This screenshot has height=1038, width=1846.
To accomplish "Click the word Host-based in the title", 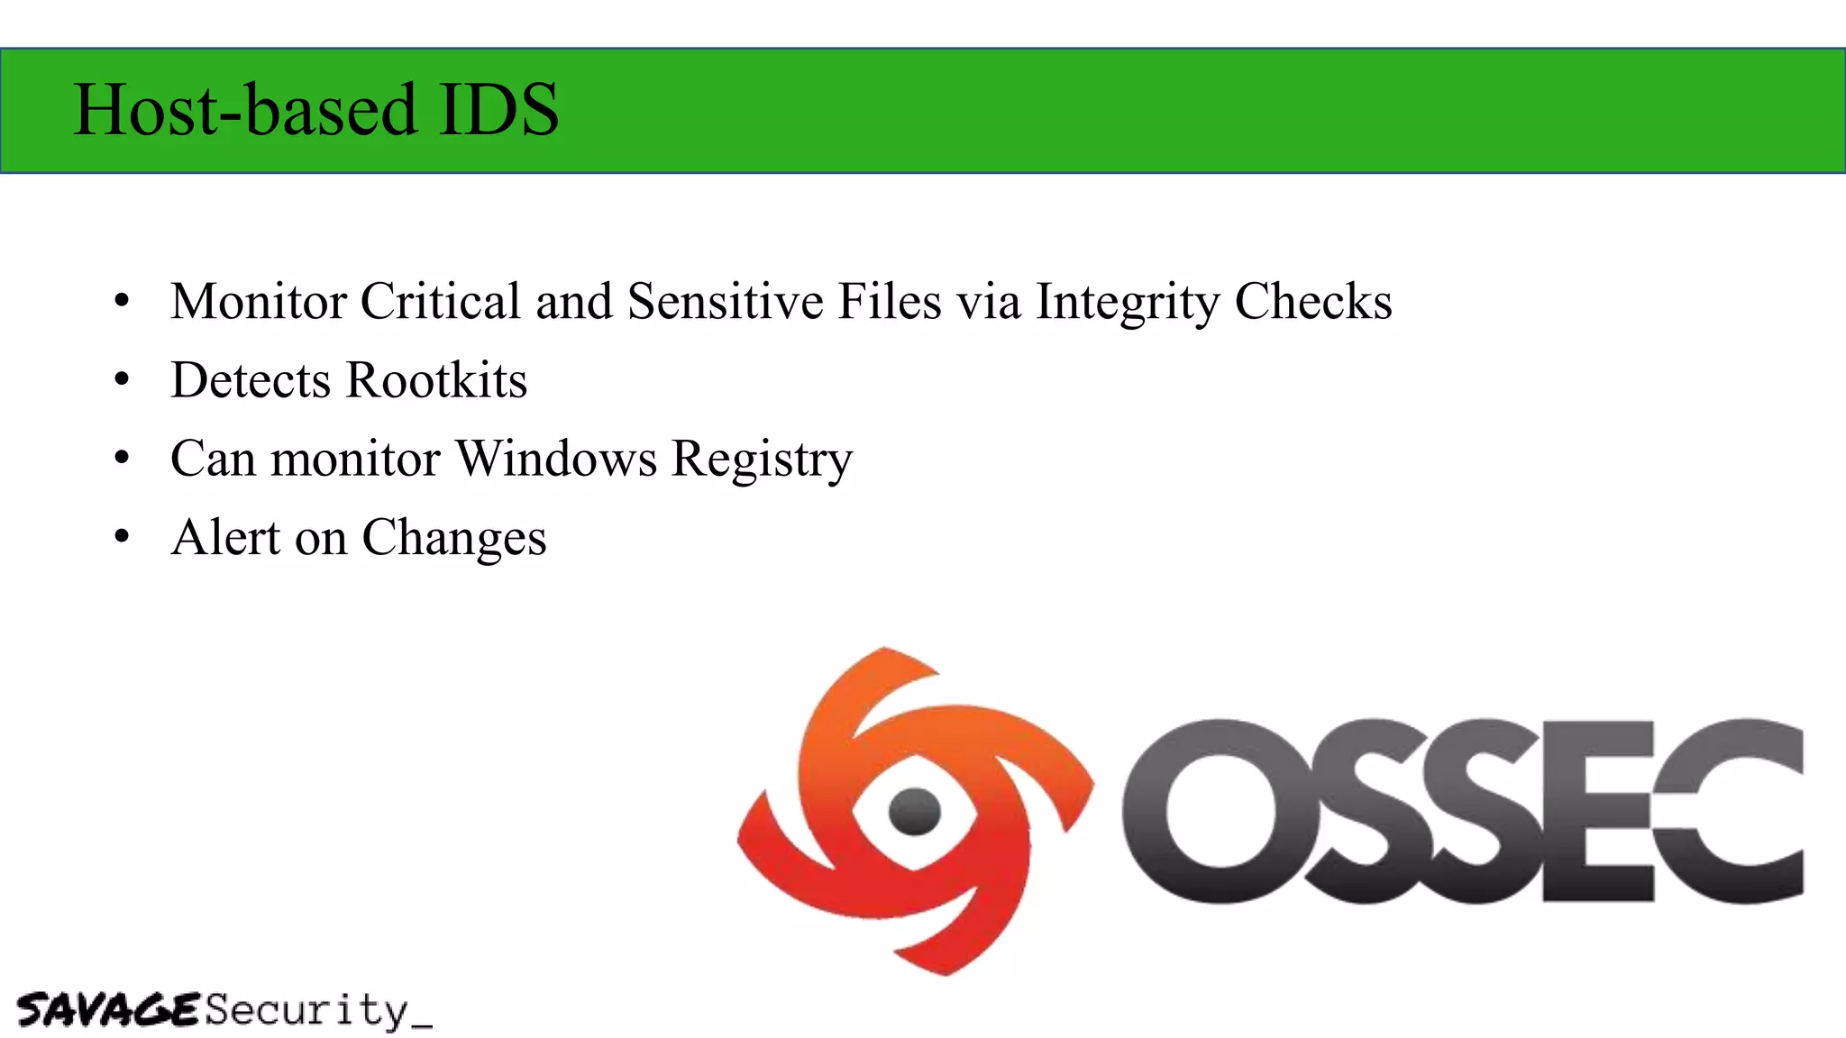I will pyautogui.click(x=245, y=110).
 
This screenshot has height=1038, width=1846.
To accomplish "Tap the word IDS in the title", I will pyautogui.click(x=498, y=110).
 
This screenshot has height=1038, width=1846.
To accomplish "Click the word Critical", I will pyautogui.click(x=441, y=301).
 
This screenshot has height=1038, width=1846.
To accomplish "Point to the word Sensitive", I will pyautogui.click(x=725, y=301).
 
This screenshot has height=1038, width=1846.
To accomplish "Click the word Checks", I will pyautogui.click(x=1313, y=301).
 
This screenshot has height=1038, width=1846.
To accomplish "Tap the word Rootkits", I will pyautogui.click(x=437, y=380).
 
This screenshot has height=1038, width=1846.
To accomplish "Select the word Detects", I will pyautogui.click(x=251, y=380).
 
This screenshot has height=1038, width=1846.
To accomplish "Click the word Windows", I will pyautogui.click(x=556, y=459).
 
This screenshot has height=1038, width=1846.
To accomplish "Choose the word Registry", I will pyautogui.click(x=762, y=460).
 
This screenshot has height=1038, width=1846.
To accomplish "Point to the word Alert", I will pyautogui.click(x=225, y=538).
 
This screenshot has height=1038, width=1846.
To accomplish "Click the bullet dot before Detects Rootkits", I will pyautogui.click(x=123, y=380).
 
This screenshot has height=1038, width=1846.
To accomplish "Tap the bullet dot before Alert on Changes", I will pyautogui.click(x=123, y=538).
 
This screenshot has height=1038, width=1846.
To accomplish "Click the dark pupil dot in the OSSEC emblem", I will pyautogui.click(x=914, y=810).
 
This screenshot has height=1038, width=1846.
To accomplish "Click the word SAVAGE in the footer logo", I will pyautogui.click(x=107, y=1010).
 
